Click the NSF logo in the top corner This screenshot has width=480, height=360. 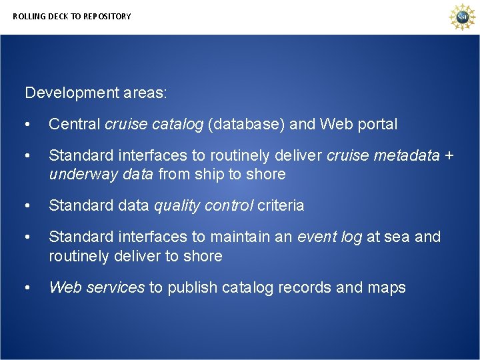[461, 17]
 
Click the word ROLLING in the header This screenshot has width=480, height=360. [27, 16]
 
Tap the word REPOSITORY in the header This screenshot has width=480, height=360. [107, 16]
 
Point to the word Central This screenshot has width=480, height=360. [75, 124]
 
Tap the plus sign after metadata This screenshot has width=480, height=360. [449, 155]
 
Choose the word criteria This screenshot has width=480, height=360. [281, 205]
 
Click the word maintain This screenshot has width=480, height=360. [233, 237]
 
